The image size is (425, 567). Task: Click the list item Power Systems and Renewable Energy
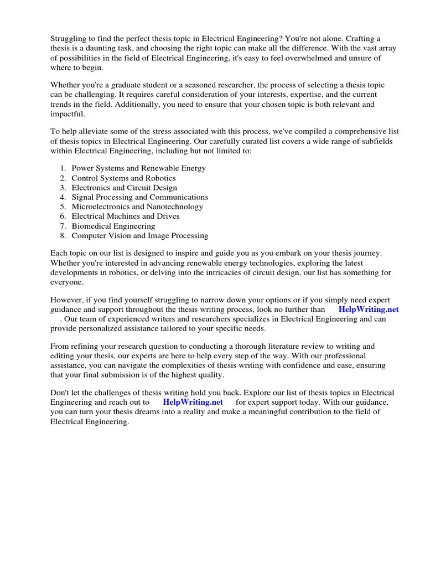click(x=138, y=168)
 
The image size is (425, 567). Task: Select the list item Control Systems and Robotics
click(x=123, y=178)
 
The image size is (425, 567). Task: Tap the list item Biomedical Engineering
click(x=113, y=226)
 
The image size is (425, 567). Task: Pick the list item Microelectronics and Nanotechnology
click(x=137, y=207)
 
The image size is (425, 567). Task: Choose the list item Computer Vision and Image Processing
click(x=140, y=236)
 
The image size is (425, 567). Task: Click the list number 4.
click(x=63, y=197)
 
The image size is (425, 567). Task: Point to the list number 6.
click(x=63, y=217)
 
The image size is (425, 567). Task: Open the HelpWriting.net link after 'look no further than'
click(x=368, y=310)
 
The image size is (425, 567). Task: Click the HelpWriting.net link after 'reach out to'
click(x=193, y=402)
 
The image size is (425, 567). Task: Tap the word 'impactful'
click(x=68, y=114)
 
